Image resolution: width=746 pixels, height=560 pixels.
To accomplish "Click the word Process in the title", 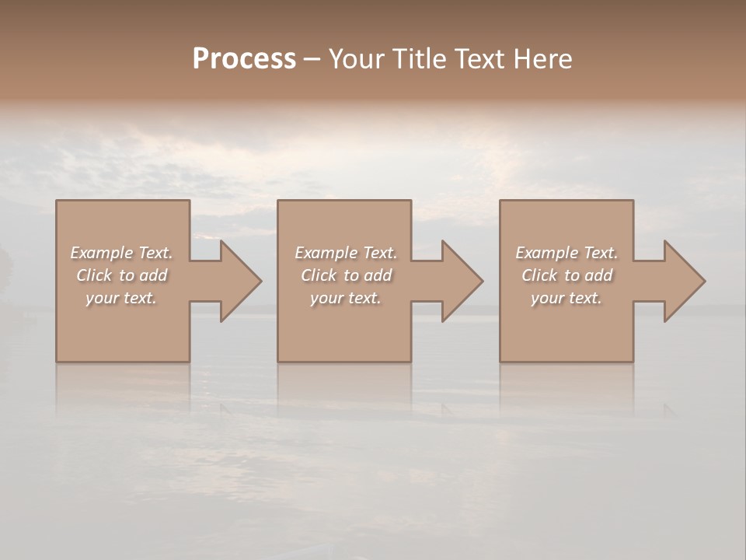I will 244,59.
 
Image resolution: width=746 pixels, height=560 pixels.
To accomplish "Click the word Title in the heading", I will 417,59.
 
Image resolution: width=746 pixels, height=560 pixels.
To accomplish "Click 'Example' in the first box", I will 102,253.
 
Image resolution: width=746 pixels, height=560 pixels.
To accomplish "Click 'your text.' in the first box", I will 121,298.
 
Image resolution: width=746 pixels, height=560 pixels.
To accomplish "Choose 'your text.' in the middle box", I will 346,298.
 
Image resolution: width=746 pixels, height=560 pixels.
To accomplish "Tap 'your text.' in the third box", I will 566,298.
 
